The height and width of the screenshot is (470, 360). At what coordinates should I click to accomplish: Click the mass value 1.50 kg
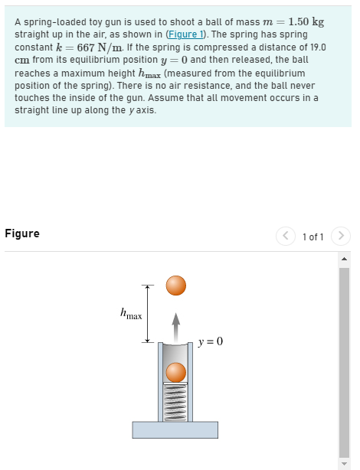[x=306, y=21]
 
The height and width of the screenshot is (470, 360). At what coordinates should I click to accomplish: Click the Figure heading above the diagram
[x=22, y=233]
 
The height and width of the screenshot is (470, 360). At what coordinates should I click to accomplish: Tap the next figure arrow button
[x=342, y=237]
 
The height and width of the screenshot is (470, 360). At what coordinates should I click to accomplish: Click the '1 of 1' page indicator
[x=315, y=237]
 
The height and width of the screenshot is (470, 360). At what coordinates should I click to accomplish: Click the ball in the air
[x=176, y=286]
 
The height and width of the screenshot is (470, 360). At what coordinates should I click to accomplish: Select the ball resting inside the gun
[x=176, y=373]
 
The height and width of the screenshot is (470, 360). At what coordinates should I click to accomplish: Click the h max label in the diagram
[x=131, y=314]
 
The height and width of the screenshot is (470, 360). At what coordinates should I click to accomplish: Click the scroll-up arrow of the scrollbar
[x=344, y=257]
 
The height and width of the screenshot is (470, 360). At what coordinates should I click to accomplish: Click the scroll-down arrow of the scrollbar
[x=344, y=464]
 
